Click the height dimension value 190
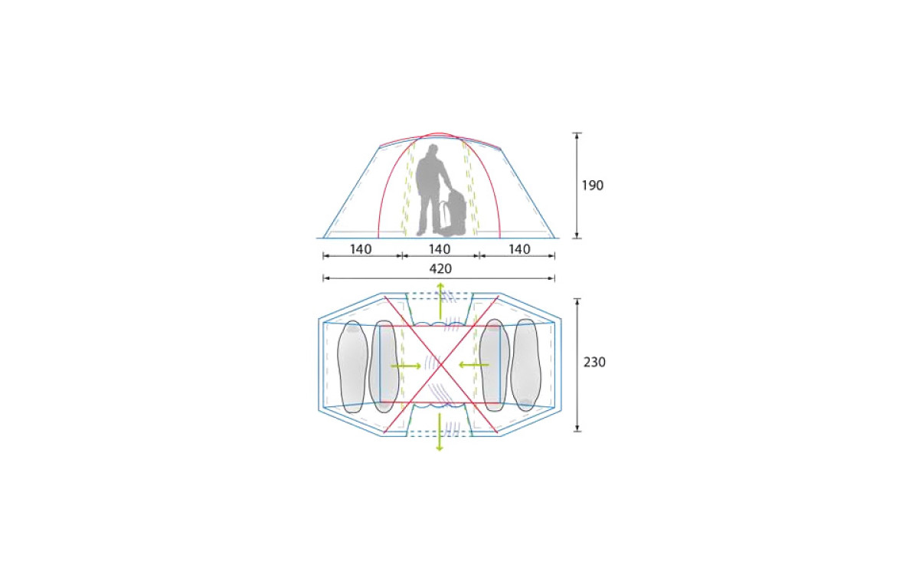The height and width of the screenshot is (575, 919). [593, 186]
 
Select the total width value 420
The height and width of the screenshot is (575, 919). [440, 268]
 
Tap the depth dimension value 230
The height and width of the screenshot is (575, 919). [594, 362]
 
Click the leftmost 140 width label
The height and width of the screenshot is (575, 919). [361, 249]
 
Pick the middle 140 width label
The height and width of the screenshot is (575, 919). [440, 249]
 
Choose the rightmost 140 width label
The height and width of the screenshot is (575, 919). [519, 249]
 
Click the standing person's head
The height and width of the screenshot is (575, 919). [433, 149]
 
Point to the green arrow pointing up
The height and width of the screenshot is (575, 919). [440, 301]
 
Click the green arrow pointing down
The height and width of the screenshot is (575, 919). [440, 431]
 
